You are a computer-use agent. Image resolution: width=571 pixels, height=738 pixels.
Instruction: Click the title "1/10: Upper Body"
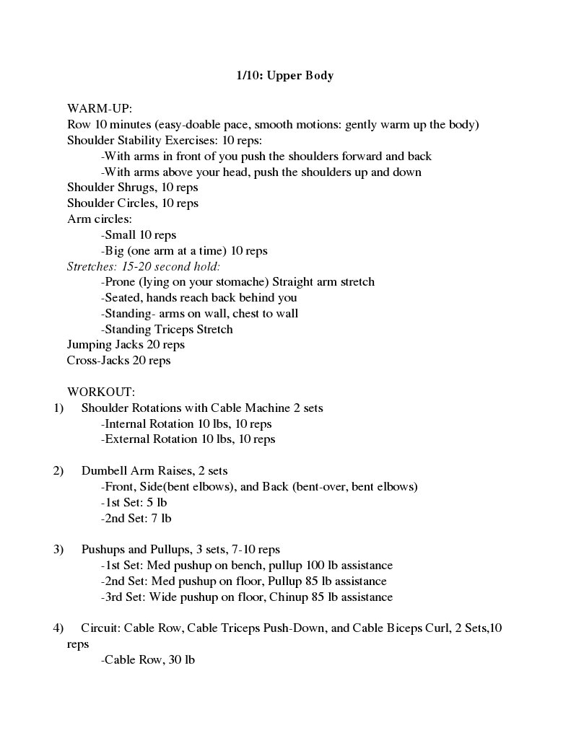tap(285, 75)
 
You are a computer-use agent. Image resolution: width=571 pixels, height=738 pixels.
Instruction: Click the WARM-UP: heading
tap(100, 108)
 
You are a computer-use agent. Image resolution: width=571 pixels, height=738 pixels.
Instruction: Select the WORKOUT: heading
tap(101, 392)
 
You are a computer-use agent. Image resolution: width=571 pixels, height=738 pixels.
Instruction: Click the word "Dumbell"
tap(104, 470)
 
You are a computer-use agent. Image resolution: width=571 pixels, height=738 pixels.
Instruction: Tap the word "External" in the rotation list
tap(128, 439)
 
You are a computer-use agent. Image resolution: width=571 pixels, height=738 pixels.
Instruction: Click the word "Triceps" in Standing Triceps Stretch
tap(174, 329)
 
